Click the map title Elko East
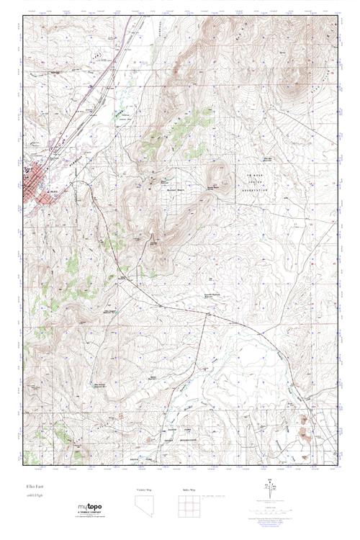click(x=32, y=487)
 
